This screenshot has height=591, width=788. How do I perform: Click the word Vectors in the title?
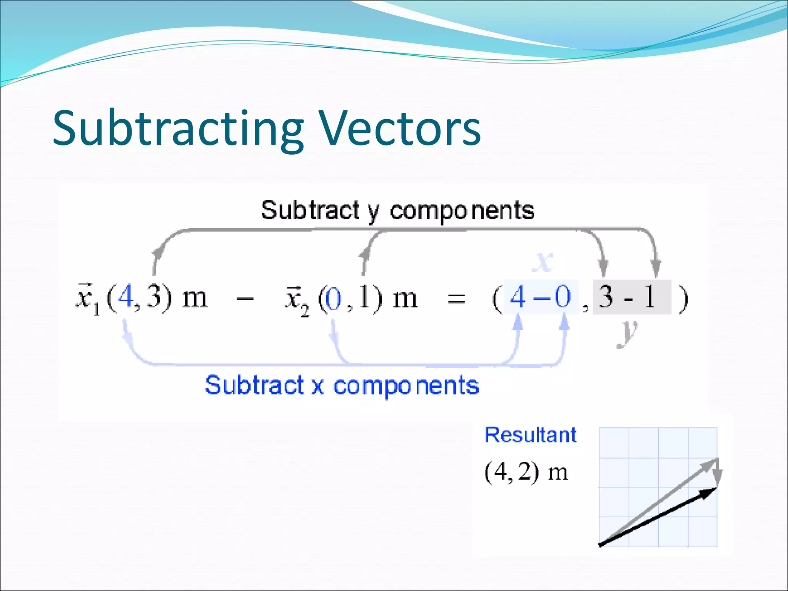point(400,128)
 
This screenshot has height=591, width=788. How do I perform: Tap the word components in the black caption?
point(462,211)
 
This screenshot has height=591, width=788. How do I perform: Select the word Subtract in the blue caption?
point(254,385)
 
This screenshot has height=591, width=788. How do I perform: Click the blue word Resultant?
point(530,435)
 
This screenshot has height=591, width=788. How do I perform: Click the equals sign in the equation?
point(456,299)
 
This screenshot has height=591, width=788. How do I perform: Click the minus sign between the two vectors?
point(245,298)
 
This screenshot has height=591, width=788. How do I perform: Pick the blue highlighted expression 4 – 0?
point(540,297)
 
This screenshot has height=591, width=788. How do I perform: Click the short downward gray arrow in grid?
point(717,472)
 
